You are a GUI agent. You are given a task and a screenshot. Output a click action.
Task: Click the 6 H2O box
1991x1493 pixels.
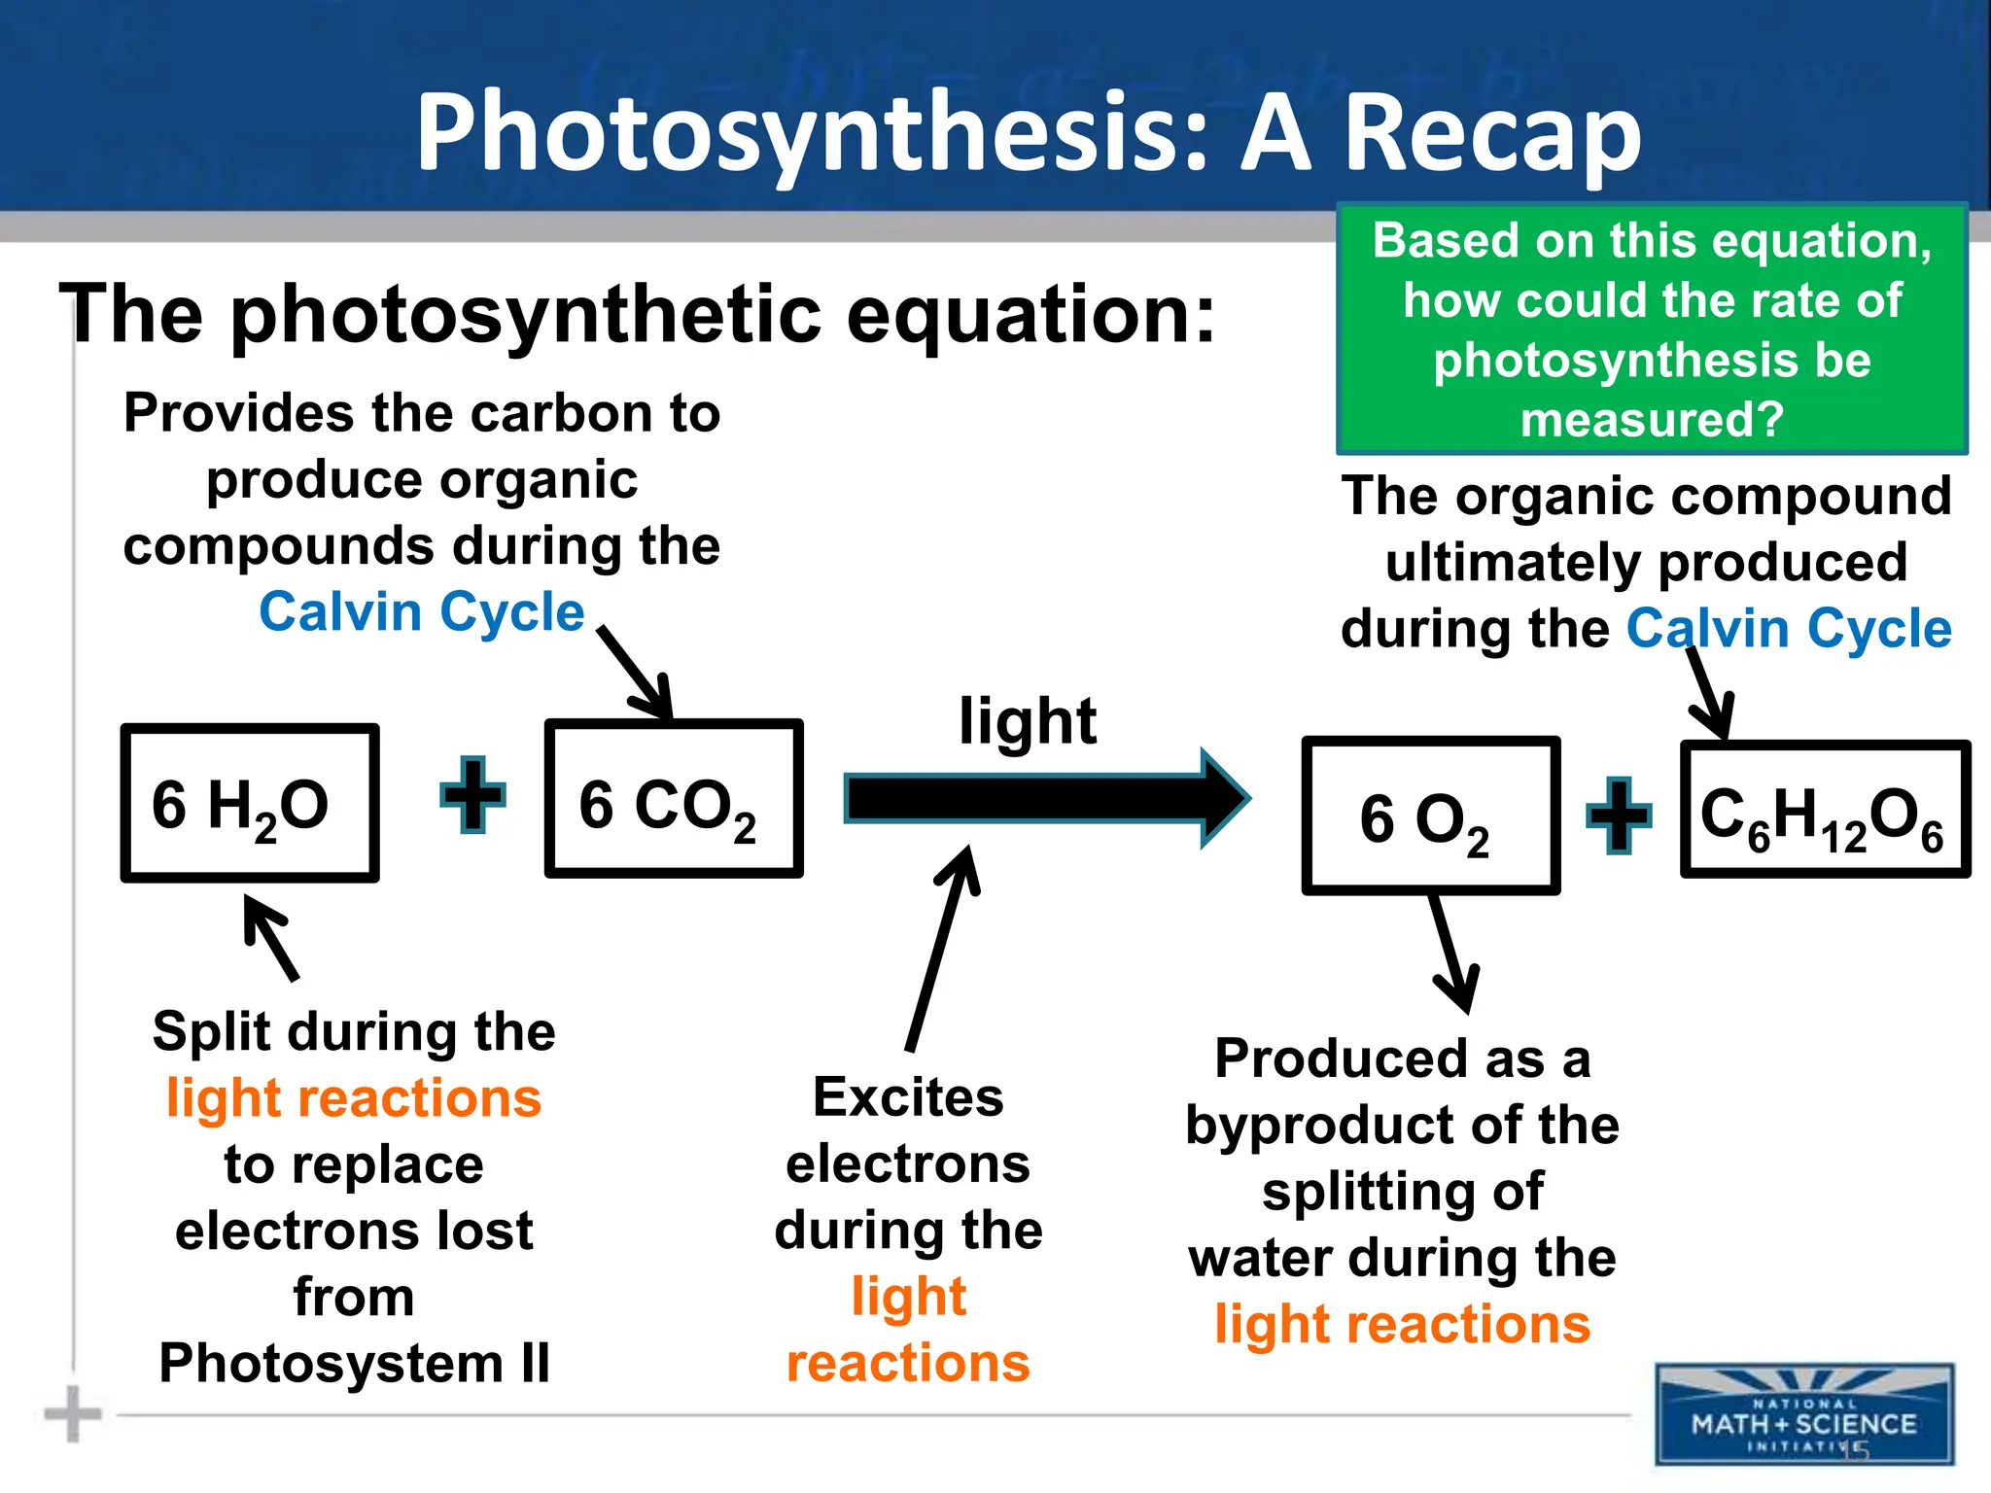pyautogui.click(x=249, y=803)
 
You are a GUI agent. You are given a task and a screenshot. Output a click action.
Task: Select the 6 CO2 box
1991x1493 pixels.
pyautogui.click(x=673, y=799)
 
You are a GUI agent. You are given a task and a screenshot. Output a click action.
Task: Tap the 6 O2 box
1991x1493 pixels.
pyautogui.click(x=1430, y=816)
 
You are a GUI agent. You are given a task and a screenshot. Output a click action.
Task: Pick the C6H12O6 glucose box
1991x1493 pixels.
pyautogui.click(x=1825, y=810)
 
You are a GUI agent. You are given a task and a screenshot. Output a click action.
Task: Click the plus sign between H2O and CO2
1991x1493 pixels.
pyautogui.click(x=473, y=795)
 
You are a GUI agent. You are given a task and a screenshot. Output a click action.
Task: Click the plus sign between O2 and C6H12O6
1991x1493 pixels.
pyautogui.click(x=1619, y=816)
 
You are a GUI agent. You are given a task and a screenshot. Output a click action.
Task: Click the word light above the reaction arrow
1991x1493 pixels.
pyautogui.click(x=1028, y=720)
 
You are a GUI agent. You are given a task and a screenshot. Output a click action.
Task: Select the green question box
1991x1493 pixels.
pyautogui.click(x=1652, y=329)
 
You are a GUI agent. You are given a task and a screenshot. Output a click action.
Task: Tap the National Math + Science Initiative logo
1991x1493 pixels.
pyautogui.click(x=1804, y=1413)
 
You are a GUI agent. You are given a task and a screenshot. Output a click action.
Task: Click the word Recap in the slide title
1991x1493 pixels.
pyautogui.click(x=1492, y=133)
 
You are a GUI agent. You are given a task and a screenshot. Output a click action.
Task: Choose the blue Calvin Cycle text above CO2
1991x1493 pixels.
pyautogui.click(x=421, y=612)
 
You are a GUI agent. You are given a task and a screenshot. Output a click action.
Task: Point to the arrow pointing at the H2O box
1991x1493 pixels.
pyautogui.click(x=271, y=937)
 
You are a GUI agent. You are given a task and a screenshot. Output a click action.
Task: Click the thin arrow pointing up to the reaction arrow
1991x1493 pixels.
pyautogui.click(x=941, y=948)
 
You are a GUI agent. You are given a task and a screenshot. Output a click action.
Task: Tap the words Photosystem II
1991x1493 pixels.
pyautogui.click(x=354, y=1363)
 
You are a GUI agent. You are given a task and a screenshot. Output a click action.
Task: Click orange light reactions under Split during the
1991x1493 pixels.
pyautogui.click(x=354, y=1098)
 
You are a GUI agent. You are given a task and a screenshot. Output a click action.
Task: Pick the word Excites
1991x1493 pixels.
pyautogui.click(x=908, y=1097)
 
